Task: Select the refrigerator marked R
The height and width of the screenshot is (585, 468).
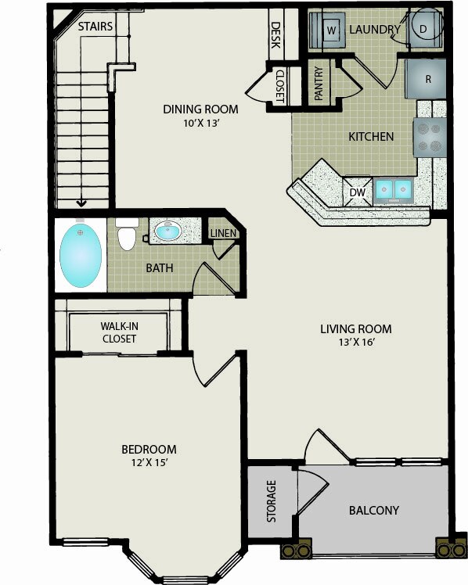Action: click(426, 79)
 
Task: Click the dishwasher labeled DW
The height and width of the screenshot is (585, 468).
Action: click(358, 192)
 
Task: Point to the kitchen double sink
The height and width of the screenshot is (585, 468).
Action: click(393, 191)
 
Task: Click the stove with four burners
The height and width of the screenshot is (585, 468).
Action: click(430, 138)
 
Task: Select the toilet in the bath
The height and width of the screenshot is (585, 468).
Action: click(127, 235)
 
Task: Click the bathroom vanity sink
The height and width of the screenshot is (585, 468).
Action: click(168, 231)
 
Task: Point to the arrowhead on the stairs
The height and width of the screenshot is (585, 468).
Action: click(81, 203)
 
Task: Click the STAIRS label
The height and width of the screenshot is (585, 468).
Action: click(95, 27)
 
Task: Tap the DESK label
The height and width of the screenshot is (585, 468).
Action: click(275, 35)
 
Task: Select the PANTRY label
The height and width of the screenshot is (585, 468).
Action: click(319, 83)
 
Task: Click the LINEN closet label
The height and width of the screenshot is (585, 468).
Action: click(223, 234)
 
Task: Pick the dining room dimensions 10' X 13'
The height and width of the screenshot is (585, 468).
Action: click(200, 123)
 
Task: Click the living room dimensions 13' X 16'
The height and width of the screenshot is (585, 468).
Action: click(356, 342)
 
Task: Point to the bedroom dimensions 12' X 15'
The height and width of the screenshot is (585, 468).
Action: click(149, 463)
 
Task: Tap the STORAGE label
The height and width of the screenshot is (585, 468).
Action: click(272, 501)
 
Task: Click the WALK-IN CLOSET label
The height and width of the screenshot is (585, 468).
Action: click(120, 332)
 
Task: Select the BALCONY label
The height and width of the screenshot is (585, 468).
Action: click(374, 510)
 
